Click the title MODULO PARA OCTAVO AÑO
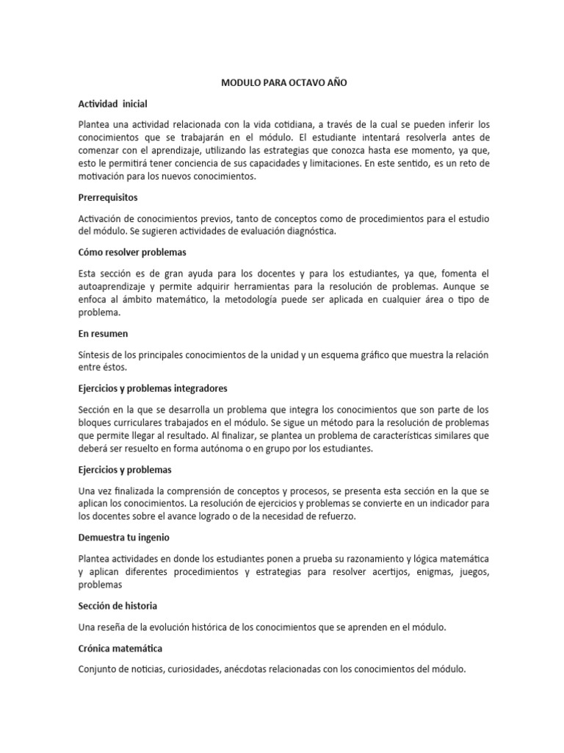point(284,83)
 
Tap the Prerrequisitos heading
point(108,198)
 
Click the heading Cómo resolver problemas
point(132,251)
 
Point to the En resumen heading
point(104,333)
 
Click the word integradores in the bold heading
point(200,388)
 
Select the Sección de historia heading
point(117,605)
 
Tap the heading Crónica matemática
point(120,649)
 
